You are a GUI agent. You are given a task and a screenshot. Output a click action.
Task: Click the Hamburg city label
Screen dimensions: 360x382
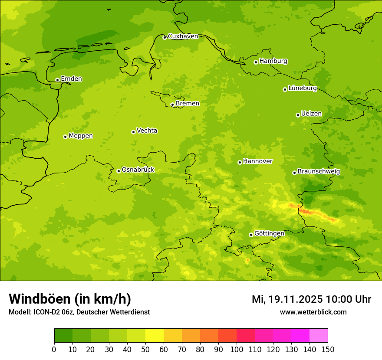pyautogui.click(x=273, y=61)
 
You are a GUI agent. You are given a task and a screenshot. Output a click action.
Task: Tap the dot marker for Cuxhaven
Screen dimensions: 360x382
pyautogui.click(x=165, y=37)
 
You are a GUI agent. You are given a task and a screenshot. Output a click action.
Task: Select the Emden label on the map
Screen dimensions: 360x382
pyautogui.click(x=71, y=79)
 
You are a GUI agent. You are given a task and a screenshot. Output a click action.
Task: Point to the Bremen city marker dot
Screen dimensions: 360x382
pyautogui.click(x=172, y=105)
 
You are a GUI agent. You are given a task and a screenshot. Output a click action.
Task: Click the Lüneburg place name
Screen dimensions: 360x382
pyautogui.click(x=302, y=88)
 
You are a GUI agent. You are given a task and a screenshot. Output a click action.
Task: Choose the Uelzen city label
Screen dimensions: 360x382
pyautogui.click(x=311, y=114)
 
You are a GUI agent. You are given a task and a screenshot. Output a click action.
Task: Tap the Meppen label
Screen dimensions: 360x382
pyautogui.click(x=81, y=136)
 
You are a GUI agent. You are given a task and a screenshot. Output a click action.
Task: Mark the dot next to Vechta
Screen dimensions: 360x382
pyautogui.click(x=133, y=132)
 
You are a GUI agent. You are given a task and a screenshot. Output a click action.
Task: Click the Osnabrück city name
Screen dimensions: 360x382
pyautogui.click(x=138, y=170)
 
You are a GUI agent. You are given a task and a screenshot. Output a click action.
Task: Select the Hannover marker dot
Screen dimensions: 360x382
pyautogui.click(x=240, y=162)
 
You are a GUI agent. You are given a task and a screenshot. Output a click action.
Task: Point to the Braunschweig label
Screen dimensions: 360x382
pyautogui.click(x=319, y=172)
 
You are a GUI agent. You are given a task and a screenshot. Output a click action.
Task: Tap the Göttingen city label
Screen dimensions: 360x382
pyautogui.click(x=269, y=234)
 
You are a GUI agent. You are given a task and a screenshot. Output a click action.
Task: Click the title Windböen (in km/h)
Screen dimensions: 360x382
pyautogui.click(x=70, y=299)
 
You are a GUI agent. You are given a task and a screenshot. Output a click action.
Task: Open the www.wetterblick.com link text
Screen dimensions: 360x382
pyautogui.click(x=313, y=312)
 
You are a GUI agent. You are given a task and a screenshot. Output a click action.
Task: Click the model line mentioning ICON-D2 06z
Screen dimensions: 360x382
pyautogui.click(x=79, y=312)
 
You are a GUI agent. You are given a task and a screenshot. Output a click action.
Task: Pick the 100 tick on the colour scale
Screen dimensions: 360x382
pyautogui.click(x=237, y=349)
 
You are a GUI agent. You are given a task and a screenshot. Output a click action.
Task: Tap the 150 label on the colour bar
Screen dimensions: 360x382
pyautogui.click(x=327, y=349)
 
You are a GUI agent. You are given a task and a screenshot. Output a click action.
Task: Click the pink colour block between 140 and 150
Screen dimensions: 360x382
pyautogui.click(x=319, y=335)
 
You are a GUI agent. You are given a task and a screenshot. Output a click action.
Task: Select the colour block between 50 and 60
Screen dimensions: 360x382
pyautogui.click(x=155, y=335)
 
